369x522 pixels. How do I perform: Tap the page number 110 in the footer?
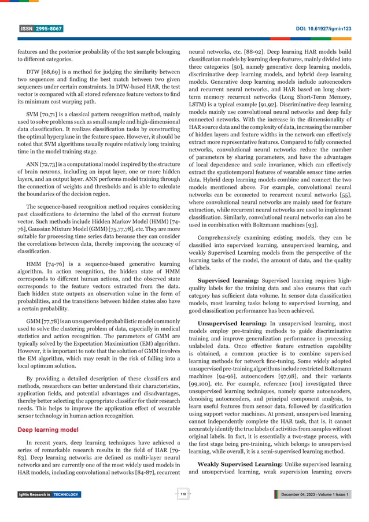point(184,494)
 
